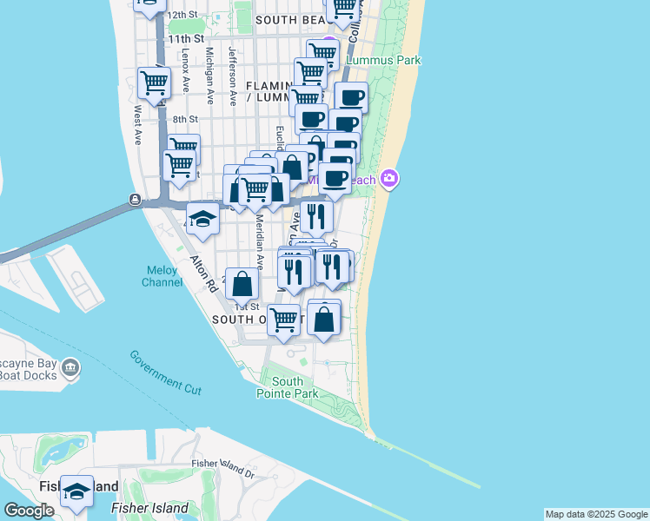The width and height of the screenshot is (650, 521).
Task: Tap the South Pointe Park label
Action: [288, 387]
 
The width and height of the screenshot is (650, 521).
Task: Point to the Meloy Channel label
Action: [162, 275]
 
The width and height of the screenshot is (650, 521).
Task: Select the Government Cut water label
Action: [166, 373]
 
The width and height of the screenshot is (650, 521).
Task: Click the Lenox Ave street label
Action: [185, 70]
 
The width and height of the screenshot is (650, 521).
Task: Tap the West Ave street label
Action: [137, 126]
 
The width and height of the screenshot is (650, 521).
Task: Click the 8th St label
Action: [185, 119]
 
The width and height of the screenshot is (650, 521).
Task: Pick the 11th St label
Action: [186, 39]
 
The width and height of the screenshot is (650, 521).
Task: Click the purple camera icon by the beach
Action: [389, 179]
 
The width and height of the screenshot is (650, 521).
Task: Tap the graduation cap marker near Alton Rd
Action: [202, 218]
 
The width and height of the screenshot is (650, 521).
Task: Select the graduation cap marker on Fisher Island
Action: [76, 491]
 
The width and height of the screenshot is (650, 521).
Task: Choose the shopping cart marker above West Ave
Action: [154, 83]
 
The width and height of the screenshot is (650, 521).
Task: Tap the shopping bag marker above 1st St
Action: [242, 282]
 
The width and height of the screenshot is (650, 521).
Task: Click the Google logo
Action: [29, 511]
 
